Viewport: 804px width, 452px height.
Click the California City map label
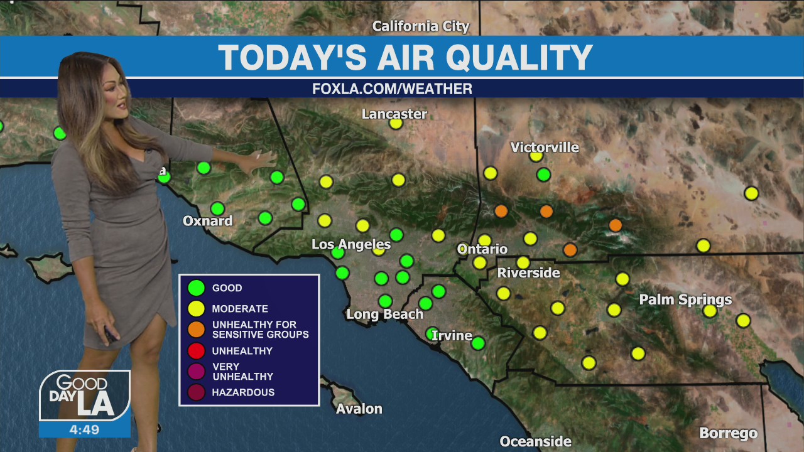click(x=421, y=26)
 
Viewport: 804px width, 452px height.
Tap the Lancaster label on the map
click(x=394, y=114)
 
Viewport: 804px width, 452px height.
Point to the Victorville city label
click(x=545, y=147)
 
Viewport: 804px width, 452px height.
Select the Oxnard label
click(x=207, y=221)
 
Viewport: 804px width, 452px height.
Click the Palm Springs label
click(x=685, y=299)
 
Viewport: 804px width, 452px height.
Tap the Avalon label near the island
click(x=359, y=409)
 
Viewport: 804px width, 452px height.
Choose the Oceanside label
click(x=535, y=442)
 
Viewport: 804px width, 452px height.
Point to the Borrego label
click(x=728, y=433)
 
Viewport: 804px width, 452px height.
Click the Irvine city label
click(x=452, y=336)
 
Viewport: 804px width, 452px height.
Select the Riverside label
click(x=528, y=273)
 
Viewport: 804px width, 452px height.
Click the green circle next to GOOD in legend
click(x=197, y=288)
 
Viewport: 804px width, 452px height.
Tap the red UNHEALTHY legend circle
click(x=197, y=351)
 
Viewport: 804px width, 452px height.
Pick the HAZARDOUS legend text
click(x=243, y=392)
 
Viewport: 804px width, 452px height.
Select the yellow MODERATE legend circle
click(x=197, y=309)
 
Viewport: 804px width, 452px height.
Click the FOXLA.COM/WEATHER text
click(x=392, y=89)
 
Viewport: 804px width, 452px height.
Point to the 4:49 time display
click(x=84, y=430)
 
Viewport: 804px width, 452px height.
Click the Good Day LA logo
click(x=85, y=395)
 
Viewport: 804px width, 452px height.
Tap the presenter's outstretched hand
click(x=264, y=160)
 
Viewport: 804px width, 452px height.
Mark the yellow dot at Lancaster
click(x=396, y=123)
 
